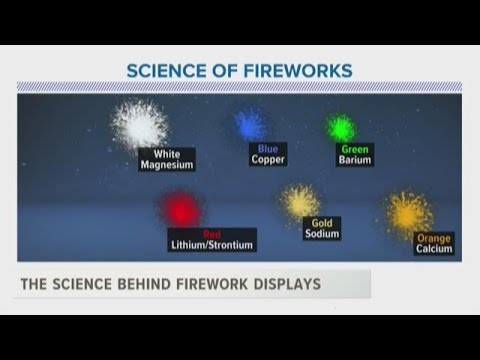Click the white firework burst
[139, 125]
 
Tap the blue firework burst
[249, 124]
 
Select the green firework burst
[341, 128]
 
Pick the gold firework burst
[299, 201]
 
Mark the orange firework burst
[408, 212]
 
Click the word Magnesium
[167, 165]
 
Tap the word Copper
[268, 159]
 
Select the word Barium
[354, 159]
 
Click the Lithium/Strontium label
[212, 244]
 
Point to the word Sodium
[321, 235]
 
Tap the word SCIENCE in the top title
[164, 70]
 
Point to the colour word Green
[354, 149]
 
